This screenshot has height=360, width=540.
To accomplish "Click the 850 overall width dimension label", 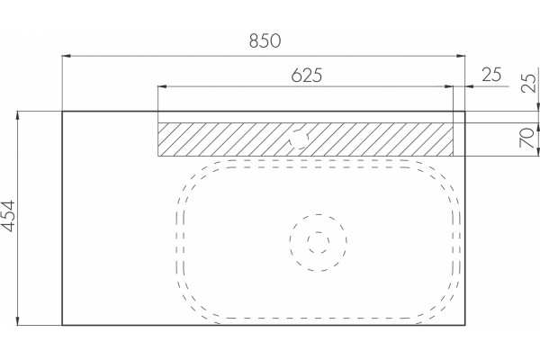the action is (265, 40).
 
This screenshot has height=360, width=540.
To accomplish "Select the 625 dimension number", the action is (307, 76).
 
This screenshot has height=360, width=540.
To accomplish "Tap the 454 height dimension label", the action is (8, 216).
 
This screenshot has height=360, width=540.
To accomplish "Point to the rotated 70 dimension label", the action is (526, 138).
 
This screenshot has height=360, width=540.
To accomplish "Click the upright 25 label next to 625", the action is (491, 75).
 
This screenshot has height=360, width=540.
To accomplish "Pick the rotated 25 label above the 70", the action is (528, 83).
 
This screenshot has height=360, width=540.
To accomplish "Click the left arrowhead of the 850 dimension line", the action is (66, 56).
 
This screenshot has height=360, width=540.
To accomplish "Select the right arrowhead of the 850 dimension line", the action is (461, 56).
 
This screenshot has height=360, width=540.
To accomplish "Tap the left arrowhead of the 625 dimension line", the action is (162, 86).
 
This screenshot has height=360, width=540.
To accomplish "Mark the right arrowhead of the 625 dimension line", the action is (449, 86).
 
